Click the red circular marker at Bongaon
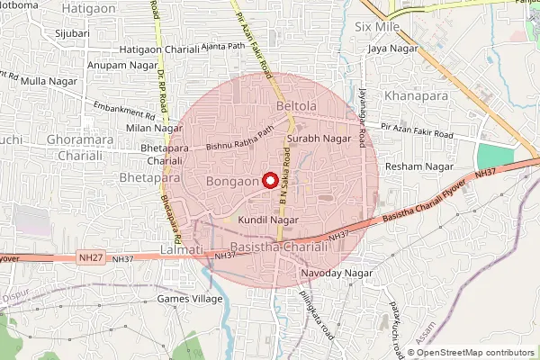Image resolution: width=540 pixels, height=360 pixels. [268, 180]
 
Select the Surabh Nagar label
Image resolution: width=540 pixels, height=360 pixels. [319, 139]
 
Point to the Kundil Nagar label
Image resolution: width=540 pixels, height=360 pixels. [268, 220]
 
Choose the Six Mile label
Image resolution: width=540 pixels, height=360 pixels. [377, 28]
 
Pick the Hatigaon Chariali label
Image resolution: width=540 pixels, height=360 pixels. [159, 50]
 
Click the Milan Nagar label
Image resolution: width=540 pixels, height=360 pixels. [148, 128]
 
